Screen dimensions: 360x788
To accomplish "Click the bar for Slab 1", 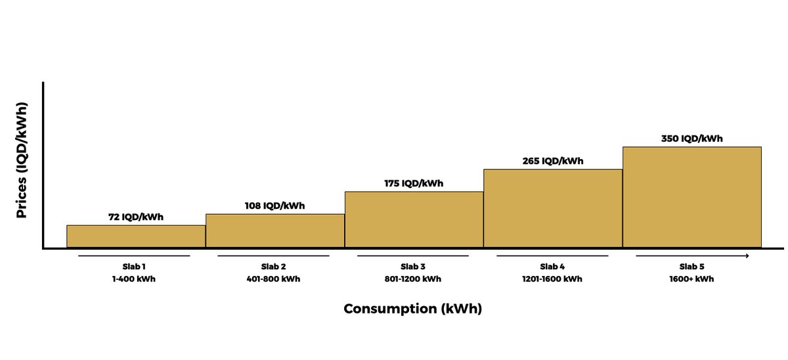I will click(x=136, y=236).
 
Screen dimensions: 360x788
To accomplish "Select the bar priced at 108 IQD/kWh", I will click(x=275, y=231).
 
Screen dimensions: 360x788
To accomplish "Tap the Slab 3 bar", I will click(x=414, y=219).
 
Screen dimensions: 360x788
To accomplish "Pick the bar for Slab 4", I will click(x=553, y=208).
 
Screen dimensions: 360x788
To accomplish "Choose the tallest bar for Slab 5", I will click(x=691, y=197).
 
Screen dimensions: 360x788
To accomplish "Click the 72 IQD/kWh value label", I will click(x=136, y=217).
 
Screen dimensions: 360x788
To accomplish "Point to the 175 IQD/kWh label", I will click(x=414, y=183).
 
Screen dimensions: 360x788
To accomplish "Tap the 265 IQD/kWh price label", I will click(x=553, y=161).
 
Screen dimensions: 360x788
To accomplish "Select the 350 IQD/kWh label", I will click(x=691, y=139).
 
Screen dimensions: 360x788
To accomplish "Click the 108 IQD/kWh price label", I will click(x=275, y=206).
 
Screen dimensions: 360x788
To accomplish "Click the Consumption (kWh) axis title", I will click(x=413, y=309).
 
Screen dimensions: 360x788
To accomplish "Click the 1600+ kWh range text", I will click(x=691, y=279).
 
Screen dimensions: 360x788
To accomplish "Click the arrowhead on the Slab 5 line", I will click(x=747, y=256).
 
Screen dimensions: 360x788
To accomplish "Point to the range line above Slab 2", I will click(x=274, y=256).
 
